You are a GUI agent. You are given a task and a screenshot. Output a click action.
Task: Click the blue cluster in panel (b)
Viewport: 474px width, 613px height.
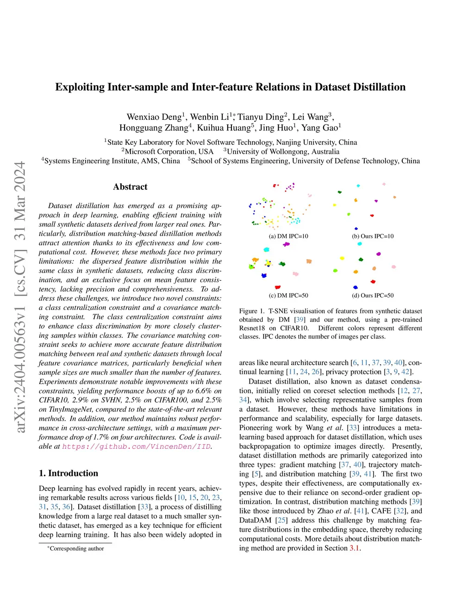pos(356,229)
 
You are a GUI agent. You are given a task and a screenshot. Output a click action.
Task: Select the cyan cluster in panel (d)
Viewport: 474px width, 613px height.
pos(359,243)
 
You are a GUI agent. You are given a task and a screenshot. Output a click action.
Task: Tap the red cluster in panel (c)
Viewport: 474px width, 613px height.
pos(278,287)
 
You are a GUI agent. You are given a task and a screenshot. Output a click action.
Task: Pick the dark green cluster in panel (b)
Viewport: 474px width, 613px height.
pos(339,192)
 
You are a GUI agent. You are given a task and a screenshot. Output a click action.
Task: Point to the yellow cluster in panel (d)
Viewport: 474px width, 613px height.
pos(342,258)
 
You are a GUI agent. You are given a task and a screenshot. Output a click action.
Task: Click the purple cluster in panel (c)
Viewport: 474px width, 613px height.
pos(286,244)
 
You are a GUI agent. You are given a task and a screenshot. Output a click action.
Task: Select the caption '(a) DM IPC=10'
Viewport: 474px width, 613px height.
pos(288,236)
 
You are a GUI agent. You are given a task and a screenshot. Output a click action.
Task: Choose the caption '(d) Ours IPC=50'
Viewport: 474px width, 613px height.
pos(373,295)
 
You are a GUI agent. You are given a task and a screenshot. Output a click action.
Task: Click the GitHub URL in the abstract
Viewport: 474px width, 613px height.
pos(136,446)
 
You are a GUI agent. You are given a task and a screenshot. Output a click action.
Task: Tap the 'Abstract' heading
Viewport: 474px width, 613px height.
pos(130,187)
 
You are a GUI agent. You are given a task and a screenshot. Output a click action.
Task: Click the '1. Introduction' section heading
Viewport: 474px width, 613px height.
pos(69,473)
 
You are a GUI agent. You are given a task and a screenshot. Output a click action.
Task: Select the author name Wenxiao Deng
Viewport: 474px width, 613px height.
pos(154,117)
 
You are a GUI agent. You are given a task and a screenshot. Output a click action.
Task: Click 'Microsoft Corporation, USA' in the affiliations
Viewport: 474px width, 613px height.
pos(169,152)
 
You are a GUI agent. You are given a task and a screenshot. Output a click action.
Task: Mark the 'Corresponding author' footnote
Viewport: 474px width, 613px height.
pos(77,549)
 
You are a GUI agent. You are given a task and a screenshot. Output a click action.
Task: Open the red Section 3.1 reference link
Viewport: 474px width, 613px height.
pos(354,548)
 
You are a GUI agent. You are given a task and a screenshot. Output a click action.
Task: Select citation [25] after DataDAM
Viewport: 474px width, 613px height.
pos(281,520)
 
